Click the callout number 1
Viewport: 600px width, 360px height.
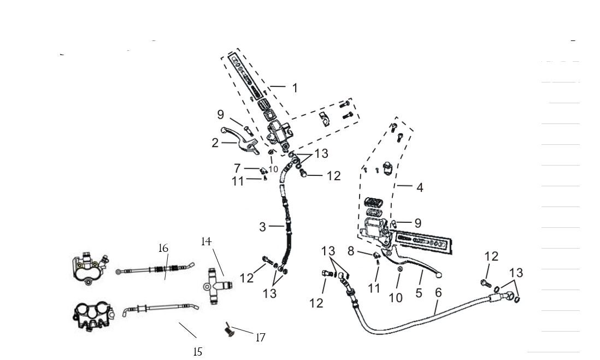[x=295, y=87]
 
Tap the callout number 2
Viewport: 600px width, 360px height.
[x=215, y=143]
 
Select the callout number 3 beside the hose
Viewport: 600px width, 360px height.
[x=263, y=227]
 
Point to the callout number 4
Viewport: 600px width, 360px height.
[x=419, y=187]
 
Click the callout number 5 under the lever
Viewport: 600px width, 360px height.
[x=419, y=293]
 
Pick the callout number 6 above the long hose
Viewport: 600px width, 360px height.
[x=438, y=293]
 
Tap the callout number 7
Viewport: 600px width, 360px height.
[x=237, y=168]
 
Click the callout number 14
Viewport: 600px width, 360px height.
[x=206, y=241]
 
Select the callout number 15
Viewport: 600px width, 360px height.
[x=198, y=352]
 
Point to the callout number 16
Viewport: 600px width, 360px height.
[x=163, y=248]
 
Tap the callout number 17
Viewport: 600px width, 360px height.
[x=261, y=337]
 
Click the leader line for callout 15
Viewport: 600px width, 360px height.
[x=187, y=330]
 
